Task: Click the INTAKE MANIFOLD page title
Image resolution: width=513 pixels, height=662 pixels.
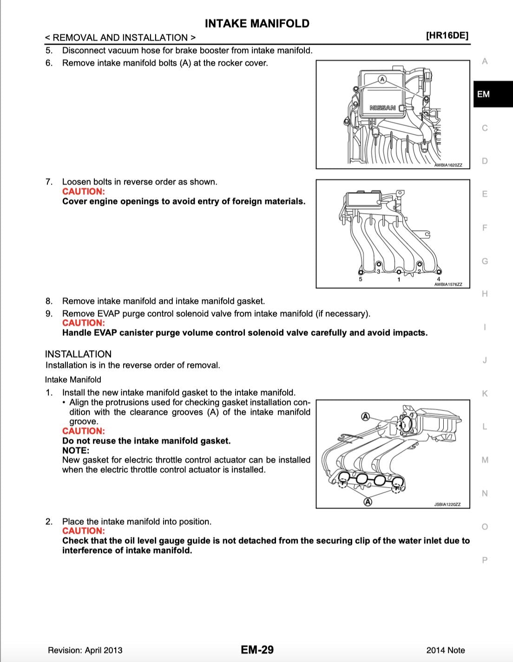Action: pos(257,24)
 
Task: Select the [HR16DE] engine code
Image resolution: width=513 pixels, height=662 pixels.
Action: pos(447,36)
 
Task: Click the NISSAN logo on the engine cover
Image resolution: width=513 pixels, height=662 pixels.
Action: pos(382,108)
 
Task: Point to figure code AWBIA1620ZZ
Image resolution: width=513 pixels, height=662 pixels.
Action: pos(448,165)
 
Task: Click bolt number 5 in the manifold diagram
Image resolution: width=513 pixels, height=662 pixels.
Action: pos(360,279)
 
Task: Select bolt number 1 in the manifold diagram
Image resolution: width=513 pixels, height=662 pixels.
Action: pos(398,279)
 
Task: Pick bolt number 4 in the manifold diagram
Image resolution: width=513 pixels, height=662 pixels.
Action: pos(438,279)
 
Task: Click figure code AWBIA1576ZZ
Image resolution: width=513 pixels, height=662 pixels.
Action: pos(448,284)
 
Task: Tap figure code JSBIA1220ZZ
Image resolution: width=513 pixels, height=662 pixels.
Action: pos(447,504)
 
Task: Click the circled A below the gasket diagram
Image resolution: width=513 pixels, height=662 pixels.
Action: pos(367,501)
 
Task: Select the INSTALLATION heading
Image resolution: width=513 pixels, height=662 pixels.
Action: pos(78,354)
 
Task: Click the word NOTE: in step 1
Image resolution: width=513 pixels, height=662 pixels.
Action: pos(76,450)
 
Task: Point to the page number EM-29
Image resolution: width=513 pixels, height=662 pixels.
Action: pos(257,649)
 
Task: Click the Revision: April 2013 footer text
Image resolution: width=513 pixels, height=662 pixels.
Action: pos(85,650)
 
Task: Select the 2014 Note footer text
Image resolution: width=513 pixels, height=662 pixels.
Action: pos(445,650)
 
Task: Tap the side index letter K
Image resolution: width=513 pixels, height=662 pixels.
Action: pos(485,394)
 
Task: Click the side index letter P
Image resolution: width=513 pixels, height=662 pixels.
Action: pos(485,560)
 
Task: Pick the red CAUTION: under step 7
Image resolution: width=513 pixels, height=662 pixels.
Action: pos(84,191)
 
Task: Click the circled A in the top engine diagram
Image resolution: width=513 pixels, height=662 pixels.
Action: pos(382,79)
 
